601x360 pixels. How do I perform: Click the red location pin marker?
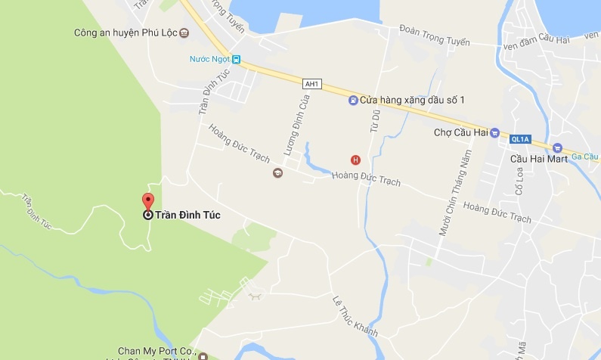147,202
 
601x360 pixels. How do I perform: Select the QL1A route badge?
520,139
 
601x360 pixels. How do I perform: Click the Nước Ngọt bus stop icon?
237,59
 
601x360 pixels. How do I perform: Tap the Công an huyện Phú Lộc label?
125,33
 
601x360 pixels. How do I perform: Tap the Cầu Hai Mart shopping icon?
558,147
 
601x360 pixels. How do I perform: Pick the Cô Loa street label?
519,181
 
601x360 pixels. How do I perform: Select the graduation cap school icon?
277,173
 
